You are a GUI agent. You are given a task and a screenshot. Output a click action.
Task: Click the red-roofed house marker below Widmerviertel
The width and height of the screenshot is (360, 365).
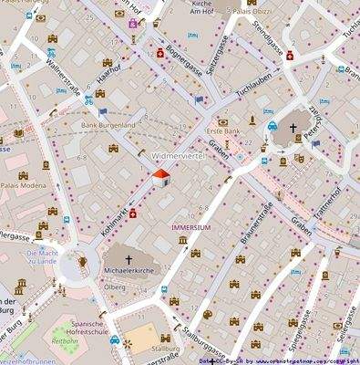159,177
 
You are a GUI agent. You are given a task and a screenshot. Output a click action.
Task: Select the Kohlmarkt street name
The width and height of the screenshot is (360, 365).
117,215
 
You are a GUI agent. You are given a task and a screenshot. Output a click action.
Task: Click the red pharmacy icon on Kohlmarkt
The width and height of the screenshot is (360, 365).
134,214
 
